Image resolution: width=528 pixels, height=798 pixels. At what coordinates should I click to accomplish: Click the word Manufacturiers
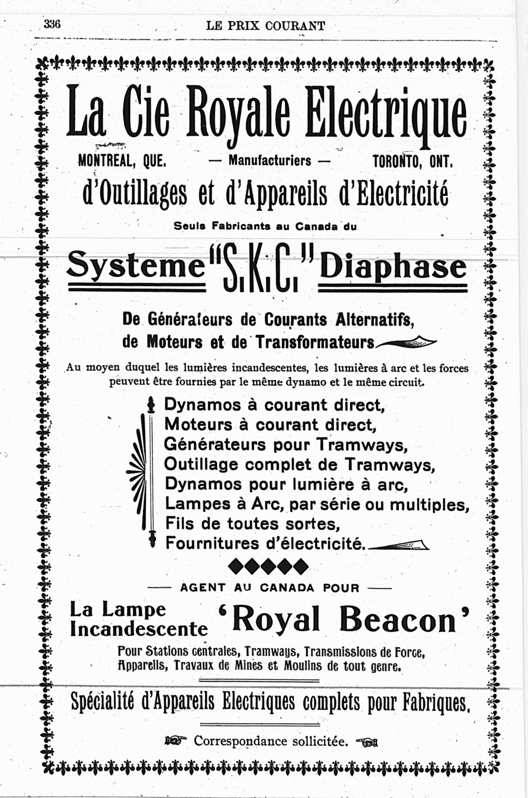pos(270,161)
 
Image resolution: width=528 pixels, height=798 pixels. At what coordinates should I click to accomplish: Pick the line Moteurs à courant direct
pos(270,425)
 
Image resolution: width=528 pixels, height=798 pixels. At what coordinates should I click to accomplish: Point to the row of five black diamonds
pos(268,566)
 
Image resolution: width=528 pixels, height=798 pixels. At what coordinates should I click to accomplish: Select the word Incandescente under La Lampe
pos(139,629)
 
